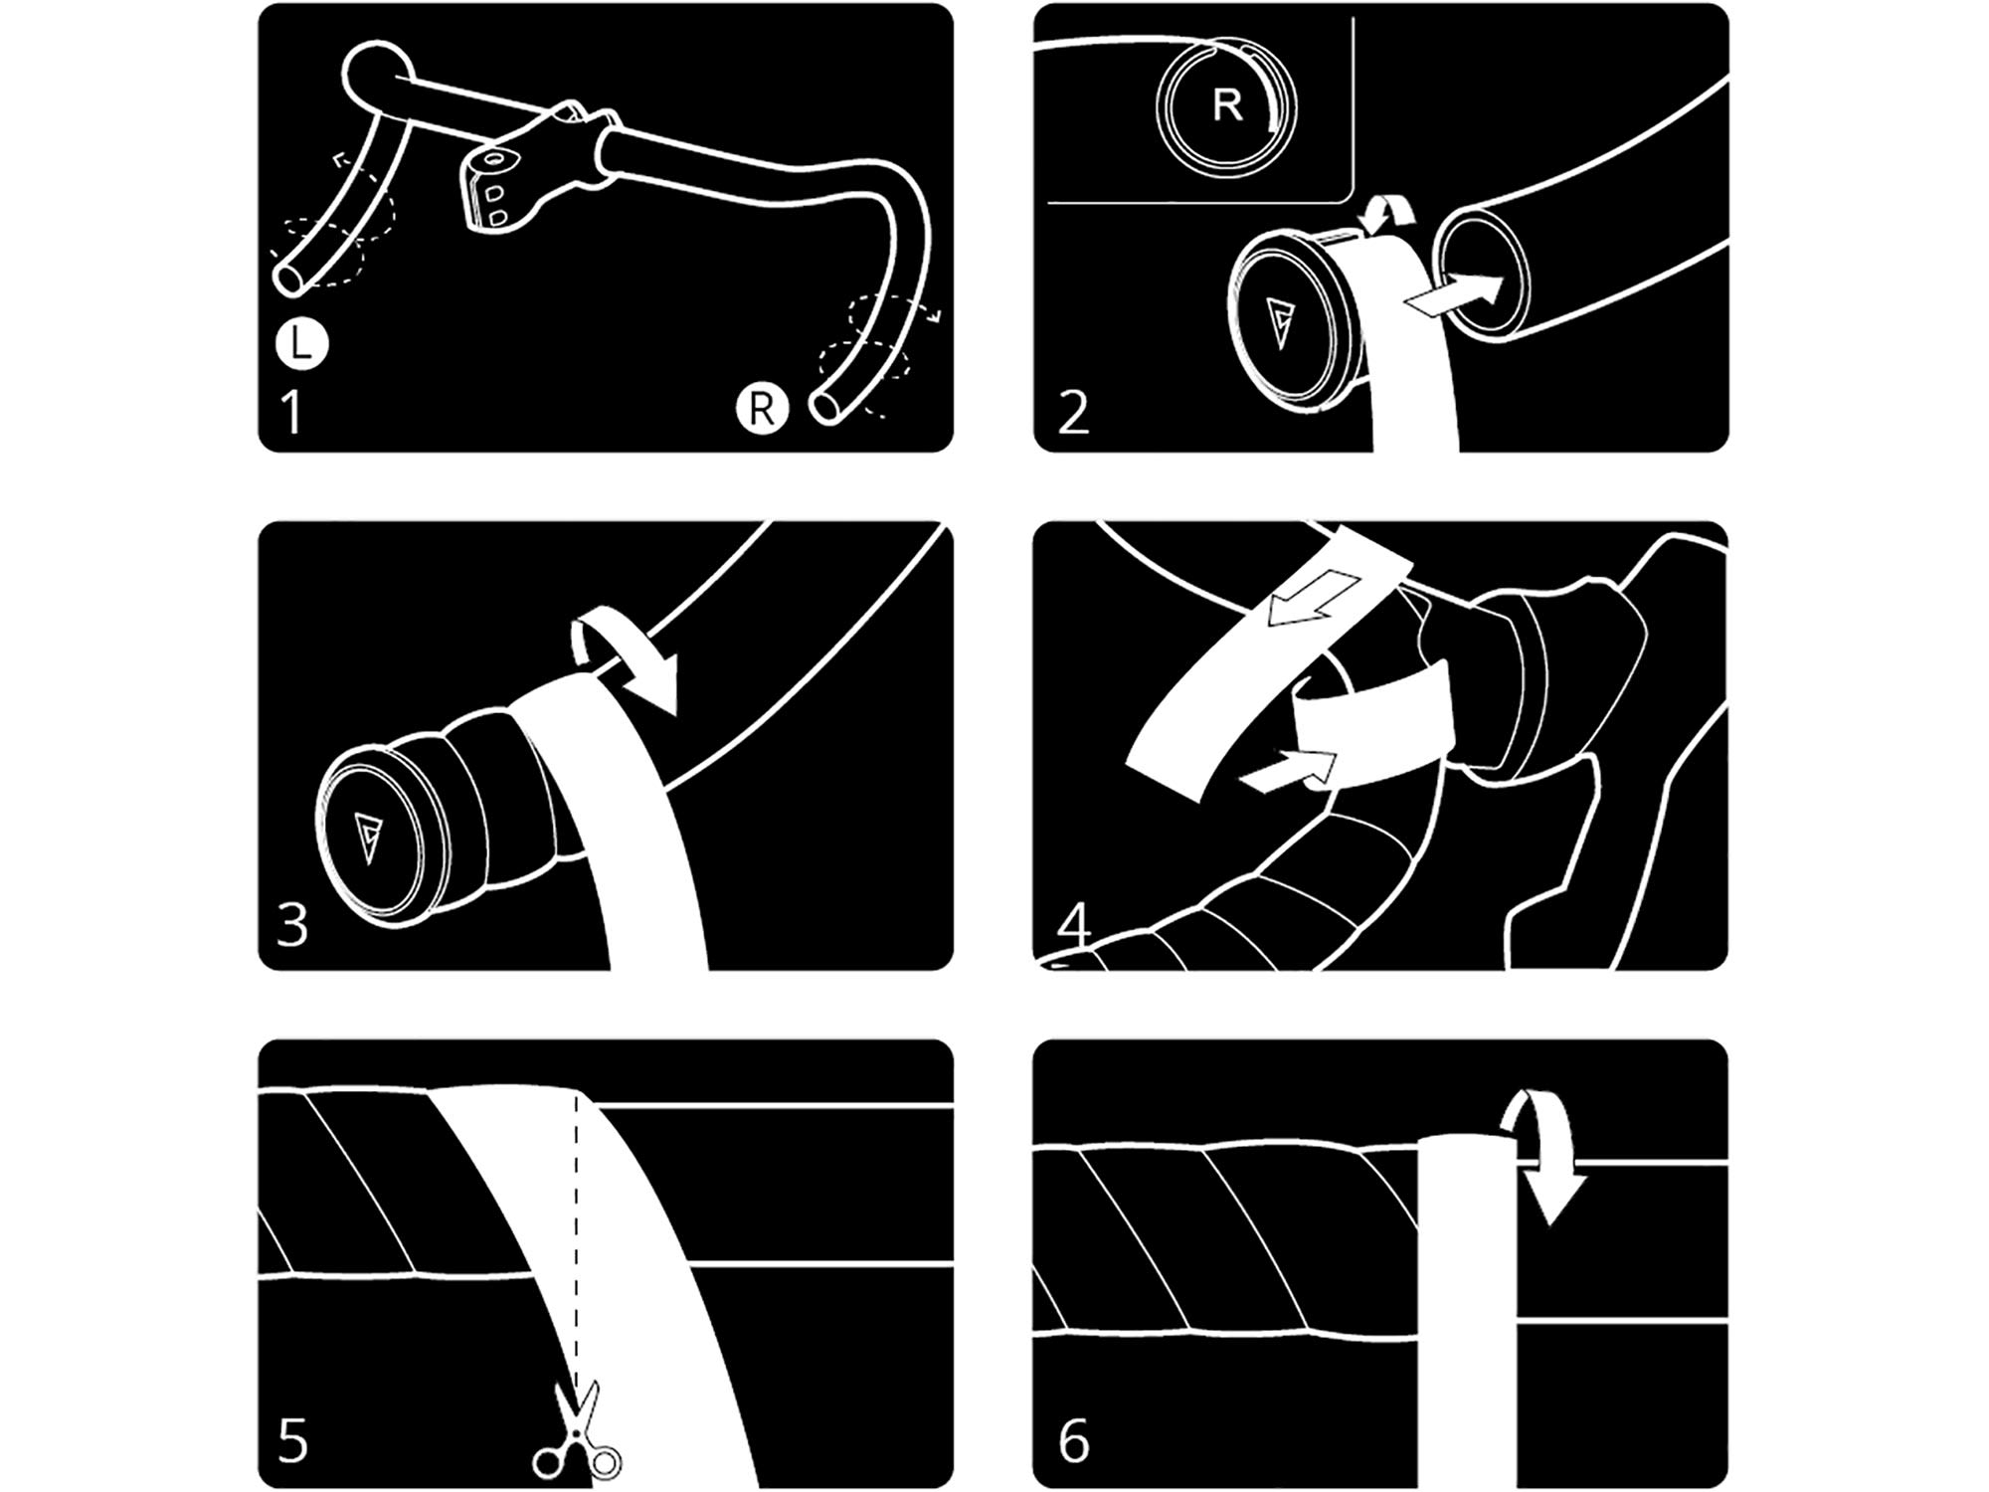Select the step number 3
(x=292, y=924)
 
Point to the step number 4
(x=1074, y=925)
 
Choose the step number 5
(x=292, y=1440)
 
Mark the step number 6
(x=1074, y=1440)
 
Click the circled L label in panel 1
(x=301, y=344)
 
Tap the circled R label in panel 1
(x=761, y=408)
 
